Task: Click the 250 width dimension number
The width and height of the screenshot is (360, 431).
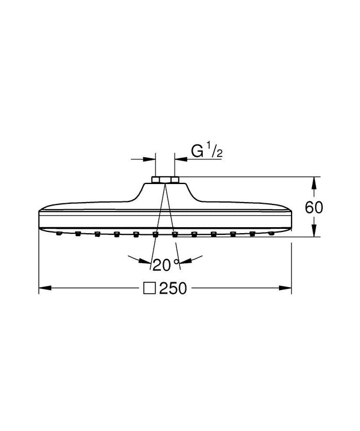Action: tap(174, 288)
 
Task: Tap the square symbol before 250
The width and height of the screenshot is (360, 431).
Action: tap(149, 288)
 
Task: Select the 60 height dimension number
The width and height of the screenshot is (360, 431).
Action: tap(314, 207)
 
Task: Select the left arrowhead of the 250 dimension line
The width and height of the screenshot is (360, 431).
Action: tap(43, 288)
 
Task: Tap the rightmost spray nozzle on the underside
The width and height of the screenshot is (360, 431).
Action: tap(272, 233)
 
